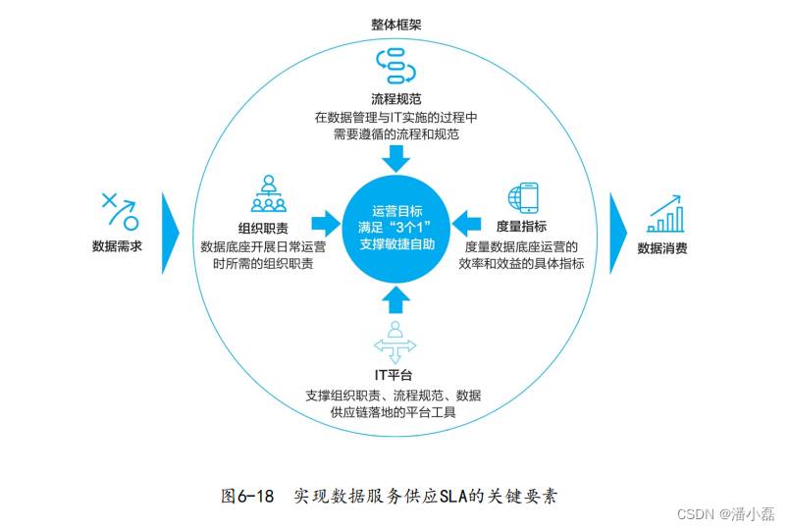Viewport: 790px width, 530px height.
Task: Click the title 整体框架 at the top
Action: click(396, 25)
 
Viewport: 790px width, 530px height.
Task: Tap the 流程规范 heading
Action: click(396, 99)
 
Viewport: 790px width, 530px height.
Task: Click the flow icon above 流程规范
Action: click(396, 66)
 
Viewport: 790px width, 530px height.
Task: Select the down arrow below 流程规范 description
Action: click(396, 159)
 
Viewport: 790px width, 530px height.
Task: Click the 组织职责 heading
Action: click(263, 229)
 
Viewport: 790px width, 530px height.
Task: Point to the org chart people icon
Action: click(269, 193)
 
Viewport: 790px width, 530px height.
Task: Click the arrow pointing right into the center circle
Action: click(326, 223)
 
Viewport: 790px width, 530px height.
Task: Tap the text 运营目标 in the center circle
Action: click(397, 211)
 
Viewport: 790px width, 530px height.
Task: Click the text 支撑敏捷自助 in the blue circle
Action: click(397, 244)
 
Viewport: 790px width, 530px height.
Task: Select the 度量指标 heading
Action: click(521, 227)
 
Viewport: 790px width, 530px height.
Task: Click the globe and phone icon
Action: click(523, 197)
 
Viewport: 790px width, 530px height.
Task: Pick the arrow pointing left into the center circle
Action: click(466, 223)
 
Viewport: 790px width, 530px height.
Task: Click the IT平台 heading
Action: click(394, 375)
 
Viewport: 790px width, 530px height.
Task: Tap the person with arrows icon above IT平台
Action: click(395, 343)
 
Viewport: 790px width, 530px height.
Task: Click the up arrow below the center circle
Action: click(396, 299)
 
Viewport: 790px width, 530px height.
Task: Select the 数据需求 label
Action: click(117, 246)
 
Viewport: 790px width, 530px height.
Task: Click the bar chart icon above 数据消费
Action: click(665, 214)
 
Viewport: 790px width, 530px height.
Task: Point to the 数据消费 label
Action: click(662, 248)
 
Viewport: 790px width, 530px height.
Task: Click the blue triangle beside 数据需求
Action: click(171, 234)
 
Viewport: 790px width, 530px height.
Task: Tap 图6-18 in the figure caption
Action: click(247, 497)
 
